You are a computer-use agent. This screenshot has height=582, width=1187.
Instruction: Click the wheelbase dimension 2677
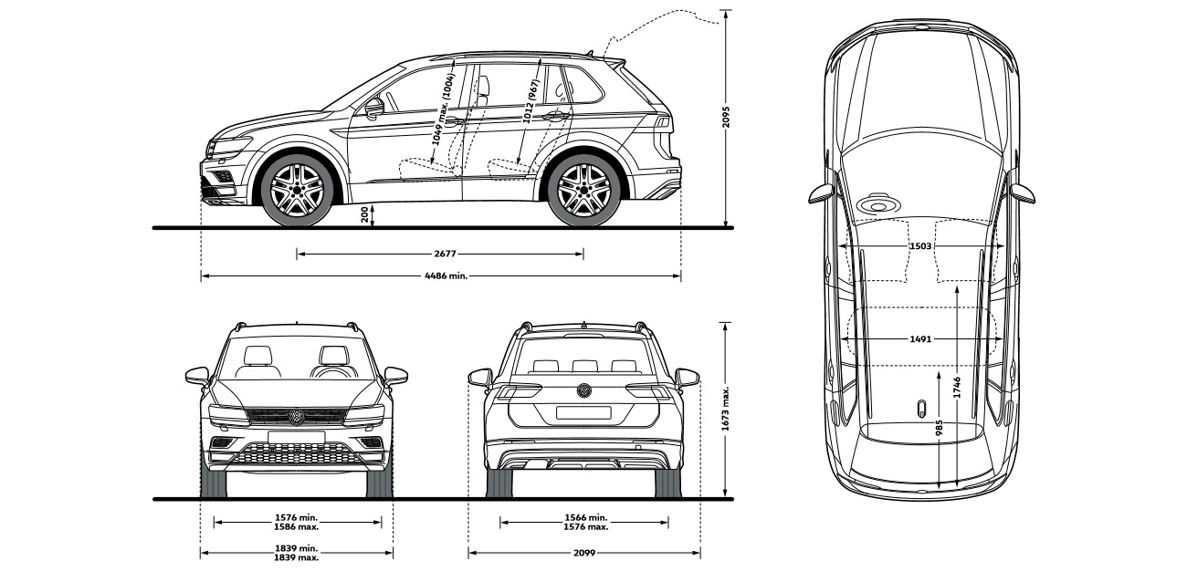[440, 254]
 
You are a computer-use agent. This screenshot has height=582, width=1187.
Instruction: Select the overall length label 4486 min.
[443, 275]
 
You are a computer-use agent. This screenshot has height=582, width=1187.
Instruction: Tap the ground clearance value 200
[364, 214]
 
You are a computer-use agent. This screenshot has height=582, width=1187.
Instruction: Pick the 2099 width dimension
[584, 553]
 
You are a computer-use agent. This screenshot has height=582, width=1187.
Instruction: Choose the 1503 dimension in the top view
[920, 245]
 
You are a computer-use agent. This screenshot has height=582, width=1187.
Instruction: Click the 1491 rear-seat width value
[920, 339]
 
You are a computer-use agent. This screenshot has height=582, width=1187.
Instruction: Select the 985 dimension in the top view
[939, 429]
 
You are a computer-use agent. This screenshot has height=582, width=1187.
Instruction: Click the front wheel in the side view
[297, 190]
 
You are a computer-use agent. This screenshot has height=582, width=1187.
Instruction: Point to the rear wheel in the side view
[584, 190]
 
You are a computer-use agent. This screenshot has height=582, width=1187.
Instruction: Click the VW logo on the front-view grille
[296, 416]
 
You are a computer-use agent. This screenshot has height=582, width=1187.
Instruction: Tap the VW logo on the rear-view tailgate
[583, 390]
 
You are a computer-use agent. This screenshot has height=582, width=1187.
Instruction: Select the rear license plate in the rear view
[583, 412]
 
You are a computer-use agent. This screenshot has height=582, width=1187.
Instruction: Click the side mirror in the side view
[374, 109]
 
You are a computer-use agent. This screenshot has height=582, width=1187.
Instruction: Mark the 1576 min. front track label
[297, 518]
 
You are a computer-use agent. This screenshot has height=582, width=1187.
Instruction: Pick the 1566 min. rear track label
[584, 518]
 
